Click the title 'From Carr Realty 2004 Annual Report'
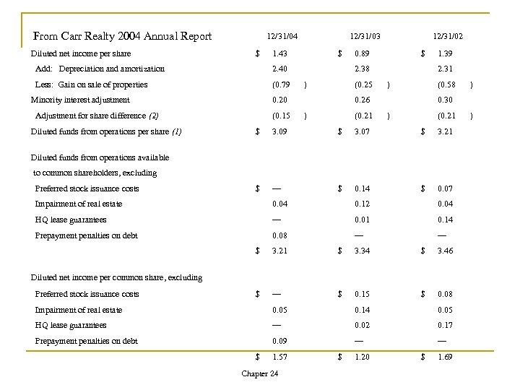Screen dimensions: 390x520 coord(123,36)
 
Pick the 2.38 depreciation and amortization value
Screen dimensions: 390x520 coord(361,69)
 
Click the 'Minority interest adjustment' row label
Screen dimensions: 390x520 coord(80,100)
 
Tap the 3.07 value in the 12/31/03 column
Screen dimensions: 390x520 coord(361,131)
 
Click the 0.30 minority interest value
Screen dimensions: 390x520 coord(445,100)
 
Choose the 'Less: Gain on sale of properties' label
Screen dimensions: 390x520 coord(91,84)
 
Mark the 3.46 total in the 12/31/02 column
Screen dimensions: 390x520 coord(445,251)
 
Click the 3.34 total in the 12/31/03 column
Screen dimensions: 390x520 coord(361,251)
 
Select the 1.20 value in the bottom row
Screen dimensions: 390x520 coord(361,357)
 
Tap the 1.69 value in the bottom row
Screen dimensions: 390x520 coord(445,357)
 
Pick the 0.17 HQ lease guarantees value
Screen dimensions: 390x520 coord(445,325)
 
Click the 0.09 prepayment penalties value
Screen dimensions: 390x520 coord(279,341)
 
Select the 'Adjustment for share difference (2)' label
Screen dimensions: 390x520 coord(97,116)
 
